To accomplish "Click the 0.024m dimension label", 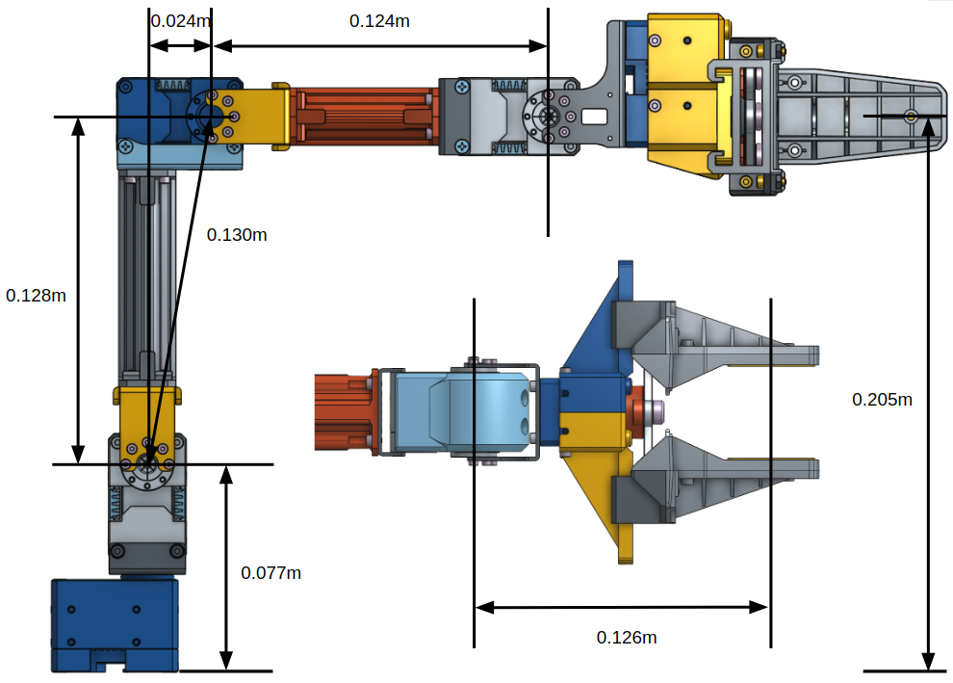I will coord(181,20).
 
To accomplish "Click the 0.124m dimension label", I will coord(379,20).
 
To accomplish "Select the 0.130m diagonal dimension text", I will coord(237,234).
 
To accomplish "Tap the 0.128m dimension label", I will coord(36,296).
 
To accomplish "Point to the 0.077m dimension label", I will coord(270,572).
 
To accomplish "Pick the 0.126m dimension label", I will coord(626,638).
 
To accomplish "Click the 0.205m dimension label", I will coord(882,399).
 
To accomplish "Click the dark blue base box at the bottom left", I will coord(115,621).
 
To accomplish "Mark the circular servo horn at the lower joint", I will coord(148,464).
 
